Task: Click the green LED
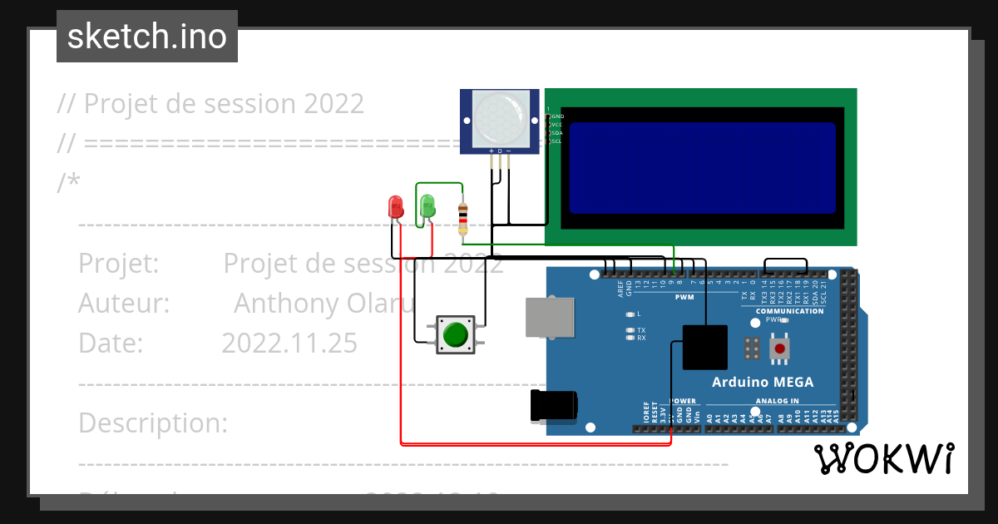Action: tap(427, 205)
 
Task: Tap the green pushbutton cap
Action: tap(455, 334)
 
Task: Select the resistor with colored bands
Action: tap(463, 218)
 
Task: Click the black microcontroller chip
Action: tap(705, 347)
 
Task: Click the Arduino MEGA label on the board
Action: tap(763, 383)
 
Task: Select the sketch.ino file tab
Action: tap(147, 37)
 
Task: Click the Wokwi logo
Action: tap(883, 458)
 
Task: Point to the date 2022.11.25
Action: tap(289, 343)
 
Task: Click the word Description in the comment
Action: tap(153, 423)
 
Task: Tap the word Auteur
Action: tap(124, 304)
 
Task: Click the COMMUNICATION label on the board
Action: tap(789, 311)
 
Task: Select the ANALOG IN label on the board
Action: tap(777, 401)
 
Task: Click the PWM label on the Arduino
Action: tap(684, 297)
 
